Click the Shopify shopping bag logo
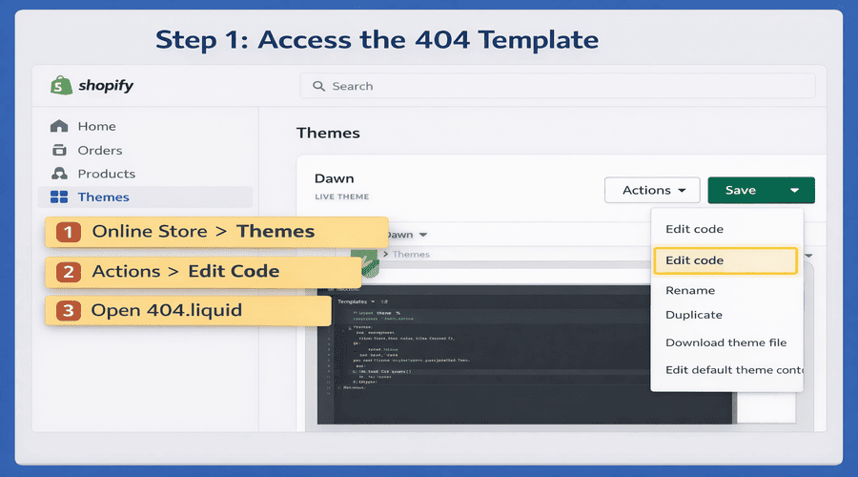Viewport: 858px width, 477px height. [x=62, y=85]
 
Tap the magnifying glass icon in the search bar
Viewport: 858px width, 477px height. [x=318, y=86]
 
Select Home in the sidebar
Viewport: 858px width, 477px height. [x=96, y=126]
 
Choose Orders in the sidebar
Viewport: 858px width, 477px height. [x=99, y=150]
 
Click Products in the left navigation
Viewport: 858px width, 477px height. [x=106, y=174]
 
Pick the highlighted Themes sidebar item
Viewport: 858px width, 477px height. [x=103, y=197]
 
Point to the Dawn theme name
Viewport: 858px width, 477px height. [x=334, y=178]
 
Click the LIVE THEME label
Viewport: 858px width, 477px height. [x=341, y=197]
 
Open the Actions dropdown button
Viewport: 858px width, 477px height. [x=652, y=190]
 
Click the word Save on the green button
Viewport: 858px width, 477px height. [x=741, y=190]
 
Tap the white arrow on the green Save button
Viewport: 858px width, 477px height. [x=794, y=191]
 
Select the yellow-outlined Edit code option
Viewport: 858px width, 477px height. [x=725, y=260]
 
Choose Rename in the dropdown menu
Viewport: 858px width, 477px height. [x=690, y=290]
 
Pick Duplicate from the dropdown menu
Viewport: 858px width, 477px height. [x=694, y=315]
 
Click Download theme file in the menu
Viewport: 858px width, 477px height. [x=725, y=342]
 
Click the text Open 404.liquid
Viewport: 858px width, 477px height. [x=166, y=311]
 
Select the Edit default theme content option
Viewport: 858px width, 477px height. [x=733, y=370]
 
